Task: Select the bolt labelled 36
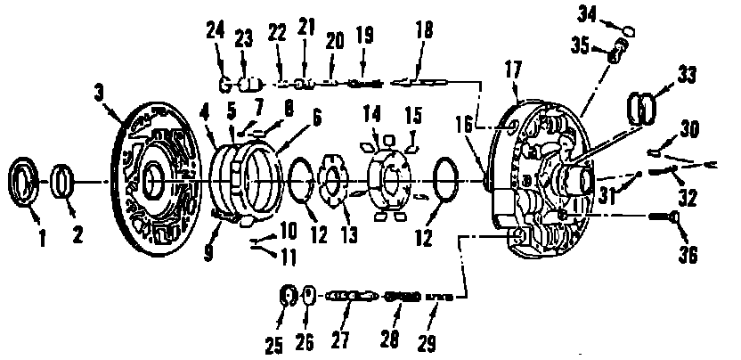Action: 667,217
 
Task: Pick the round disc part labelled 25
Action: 287,294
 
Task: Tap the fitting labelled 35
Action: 615,54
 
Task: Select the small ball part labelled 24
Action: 225,85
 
